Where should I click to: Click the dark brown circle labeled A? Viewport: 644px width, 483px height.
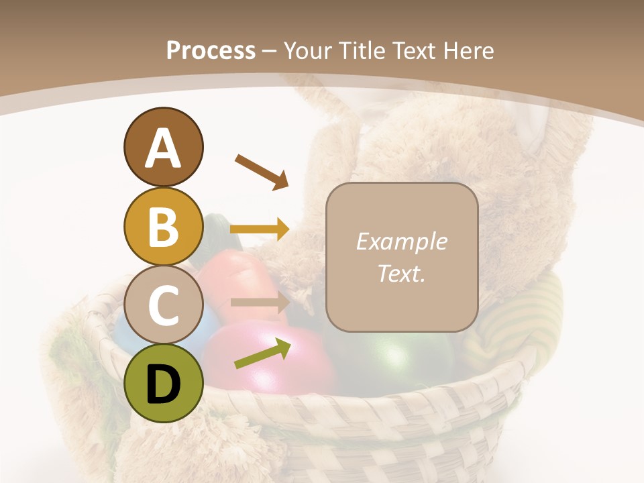pyautogui.click(x=163, y=148)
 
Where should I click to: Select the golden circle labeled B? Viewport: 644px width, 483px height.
pyautogui.click(x=163, y=226)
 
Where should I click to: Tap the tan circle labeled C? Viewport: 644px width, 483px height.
pyautogui.click(x=163, y=305)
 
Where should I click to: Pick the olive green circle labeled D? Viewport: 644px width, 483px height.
pyautogui.click(x=163, y=384)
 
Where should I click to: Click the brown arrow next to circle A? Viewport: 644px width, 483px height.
pyautogui.click(x=261, y=171)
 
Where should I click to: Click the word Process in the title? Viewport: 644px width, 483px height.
pyautogui.click(x=211, y=50)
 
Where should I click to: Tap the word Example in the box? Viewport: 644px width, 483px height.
pyautogui.click(x=401, y=241)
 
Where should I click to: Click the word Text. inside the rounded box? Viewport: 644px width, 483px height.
pyautogui.click(x=401, y=273)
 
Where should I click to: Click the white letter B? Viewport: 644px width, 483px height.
pyautogui.click(x=163, y=226)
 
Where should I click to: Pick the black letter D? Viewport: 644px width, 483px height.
pyautogui.click(x=163, y=384)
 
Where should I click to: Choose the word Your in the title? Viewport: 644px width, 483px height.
pyautogui.click(x=309, y=50)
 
